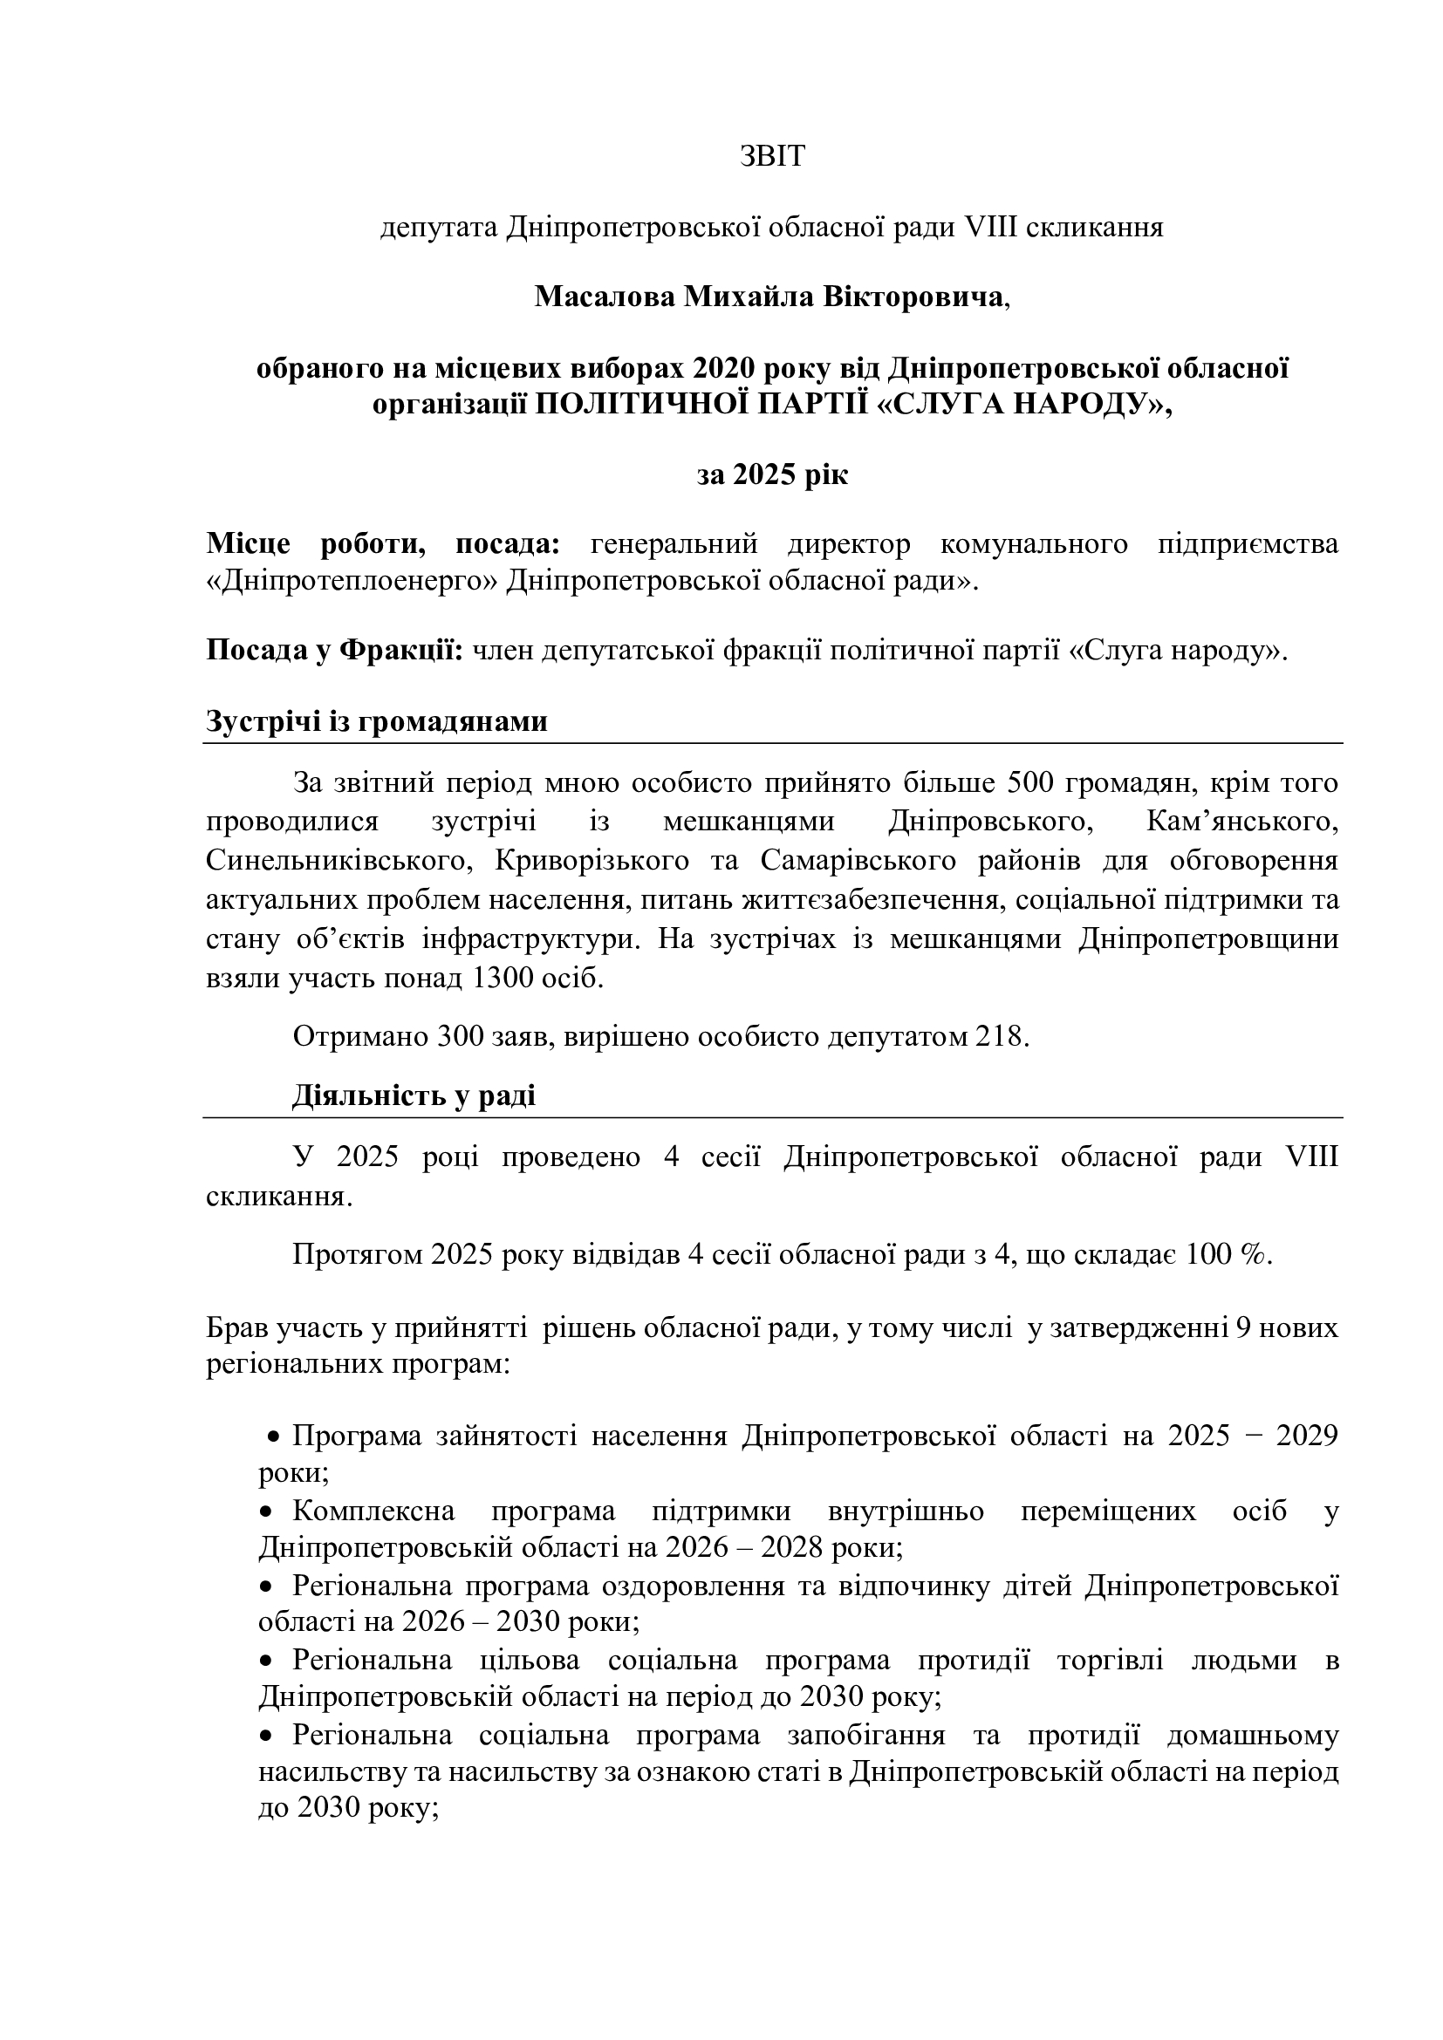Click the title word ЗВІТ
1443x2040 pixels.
click(x=772, y=156)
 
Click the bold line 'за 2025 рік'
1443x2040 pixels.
click(x=772, y=475)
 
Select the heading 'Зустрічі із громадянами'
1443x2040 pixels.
click(x=377, y=721)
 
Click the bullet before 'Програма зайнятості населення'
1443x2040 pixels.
click(x=276, y=1436)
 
